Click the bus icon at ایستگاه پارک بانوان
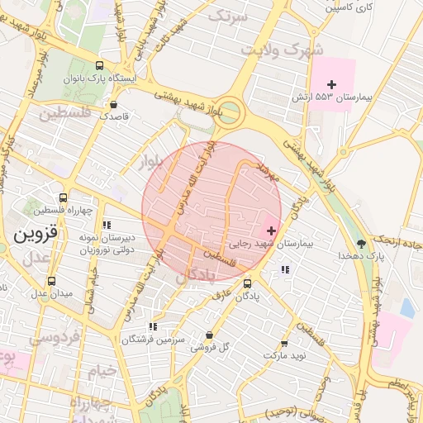[x=100, y=66]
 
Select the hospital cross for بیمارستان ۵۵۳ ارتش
[x=332, y=84]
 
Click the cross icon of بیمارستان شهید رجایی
[x=272, y=229]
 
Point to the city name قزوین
[x=36, y=234]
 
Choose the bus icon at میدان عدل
[x=52, y=281]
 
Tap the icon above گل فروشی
[x=209, y=335]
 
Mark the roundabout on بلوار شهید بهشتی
[x=230, y=110]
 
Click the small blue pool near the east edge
[x=406, y=307]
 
